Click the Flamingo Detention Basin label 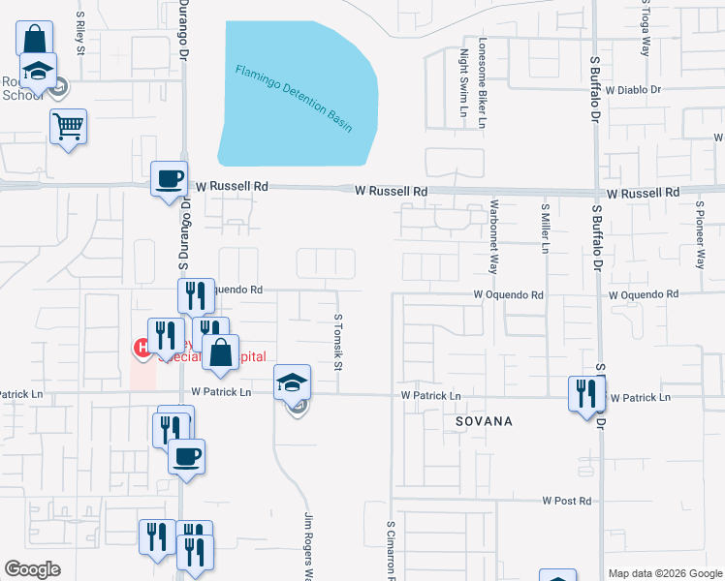294,98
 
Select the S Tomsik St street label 338,342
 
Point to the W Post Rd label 566,501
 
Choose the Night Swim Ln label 463,83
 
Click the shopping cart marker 68,127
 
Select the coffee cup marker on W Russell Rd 170,179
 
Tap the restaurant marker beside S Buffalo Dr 586,394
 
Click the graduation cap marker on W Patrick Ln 292,383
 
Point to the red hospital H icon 142,347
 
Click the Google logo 33,568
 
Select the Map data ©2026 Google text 665,572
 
